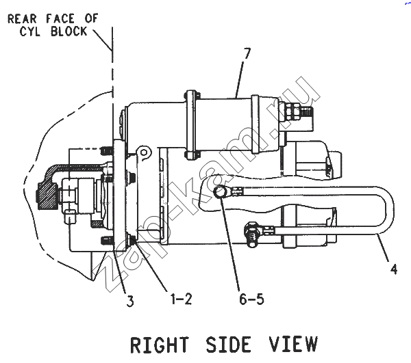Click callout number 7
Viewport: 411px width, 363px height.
pos(247,53)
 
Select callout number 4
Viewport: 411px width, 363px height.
pos(393,269)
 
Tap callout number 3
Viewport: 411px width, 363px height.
pos(130,301)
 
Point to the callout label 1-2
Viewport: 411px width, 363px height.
pos(182,299)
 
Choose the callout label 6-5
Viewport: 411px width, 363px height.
pos(251,299)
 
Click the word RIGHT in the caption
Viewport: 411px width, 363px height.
pos(160,345)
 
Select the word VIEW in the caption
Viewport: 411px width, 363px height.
pos(294,344)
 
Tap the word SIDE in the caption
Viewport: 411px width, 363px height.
pos(228,345)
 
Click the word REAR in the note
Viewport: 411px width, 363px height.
pos(23,19)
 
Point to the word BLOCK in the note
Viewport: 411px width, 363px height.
pos(68,31)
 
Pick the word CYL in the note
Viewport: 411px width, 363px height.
pos(29,31)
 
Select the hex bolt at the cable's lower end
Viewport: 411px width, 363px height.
pos(251,234)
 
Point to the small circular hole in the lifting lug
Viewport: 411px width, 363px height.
pos(144,152)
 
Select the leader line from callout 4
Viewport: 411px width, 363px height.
pos(383,247)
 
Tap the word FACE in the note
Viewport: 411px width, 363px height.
pos(60,19)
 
